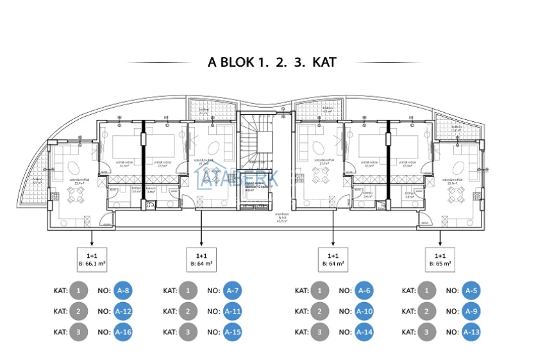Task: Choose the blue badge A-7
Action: pos(233,291)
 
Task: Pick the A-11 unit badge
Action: pos(233,312)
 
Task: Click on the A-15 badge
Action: pos(233,332)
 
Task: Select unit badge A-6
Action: pos(364,291)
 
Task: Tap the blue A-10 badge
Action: pos(364,312)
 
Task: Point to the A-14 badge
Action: pos(364,332)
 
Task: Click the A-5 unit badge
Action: pos(471,291)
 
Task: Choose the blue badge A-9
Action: pos(471,312)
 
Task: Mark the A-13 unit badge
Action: pos(471,332)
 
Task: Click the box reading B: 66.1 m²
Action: pos(92,258)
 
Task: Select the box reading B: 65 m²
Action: pos(439,258)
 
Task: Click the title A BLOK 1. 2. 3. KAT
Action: pos(272,62)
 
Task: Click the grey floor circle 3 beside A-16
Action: pos(78,332)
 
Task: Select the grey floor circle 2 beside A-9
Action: pos(426,312)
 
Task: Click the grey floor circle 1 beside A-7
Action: pos(187,291)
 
